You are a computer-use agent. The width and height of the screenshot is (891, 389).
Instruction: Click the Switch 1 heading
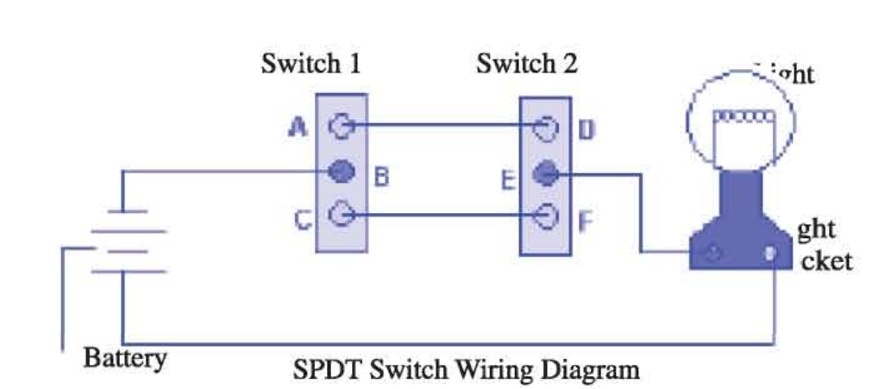tap(311, 65)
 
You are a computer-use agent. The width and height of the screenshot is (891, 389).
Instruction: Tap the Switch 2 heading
tap(526, 65)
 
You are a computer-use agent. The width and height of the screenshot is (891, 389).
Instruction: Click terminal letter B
tap(381, 178)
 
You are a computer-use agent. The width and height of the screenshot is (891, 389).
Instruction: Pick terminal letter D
tap(587, 129)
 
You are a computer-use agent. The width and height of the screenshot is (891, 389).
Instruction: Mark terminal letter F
tap(586, 221)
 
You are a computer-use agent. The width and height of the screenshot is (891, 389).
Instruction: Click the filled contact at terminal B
tap(342, 172)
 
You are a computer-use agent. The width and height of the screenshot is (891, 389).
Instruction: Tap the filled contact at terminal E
tap(544, 175)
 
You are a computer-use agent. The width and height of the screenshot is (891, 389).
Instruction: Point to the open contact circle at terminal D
tap(545, 129)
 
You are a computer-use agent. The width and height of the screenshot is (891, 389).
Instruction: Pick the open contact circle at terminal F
tap(545, 215)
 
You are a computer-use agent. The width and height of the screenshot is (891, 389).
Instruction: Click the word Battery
tap(125, 357)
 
